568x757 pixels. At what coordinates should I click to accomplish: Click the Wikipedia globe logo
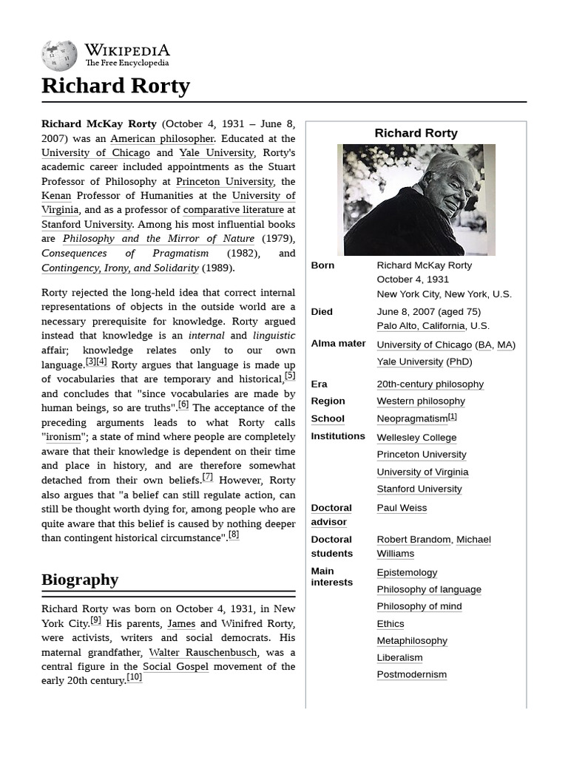pyautogui.click(x=59, y=55)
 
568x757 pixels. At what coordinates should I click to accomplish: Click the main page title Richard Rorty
pyautogui.click(x=115, y=86)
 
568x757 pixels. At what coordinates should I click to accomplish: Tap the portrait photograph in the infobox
pyautogui.click(x=416, y=200)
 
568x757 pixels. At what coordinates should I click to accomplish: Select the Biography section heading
pyautogui.click(x=80, y=580)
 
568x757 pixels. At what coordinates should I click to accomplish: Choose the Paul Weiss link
pyautogui.click(x=402, y=508)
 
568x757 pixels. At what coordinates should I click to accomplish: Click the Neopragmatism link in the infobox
pyautogui.click(x=412, y=418)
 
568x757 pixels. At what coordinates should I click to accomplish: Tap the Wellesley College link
pyautogui.click(x=416, y=438)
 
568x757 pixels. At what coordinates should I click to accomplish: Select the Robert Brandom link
pyautogui.click(x=413, y=540)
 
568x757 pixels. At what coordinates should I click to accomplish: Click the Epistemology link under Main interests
pyautogui.click(x=407, y=573)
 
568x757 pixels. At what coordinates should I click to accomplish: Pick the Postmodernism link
pyautogui.click(x=412, y=675)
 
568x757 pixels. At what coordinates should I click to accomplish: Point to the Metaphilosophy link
pyautogui.click(x=412, y=641)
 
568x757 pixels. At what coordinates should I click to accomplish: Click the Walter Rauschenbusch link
pyautogui.click(x=203, y=653)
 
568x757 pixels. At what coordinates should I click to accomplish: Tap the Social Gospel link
pyautogui.click(x=175, y=667)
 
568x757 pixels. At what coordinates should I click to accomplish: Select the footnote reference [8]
pyautogui.click(x=234, y=535)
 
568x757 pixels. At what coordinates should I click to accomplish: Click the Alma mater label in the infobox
pyautogui.click(x=338, y=344)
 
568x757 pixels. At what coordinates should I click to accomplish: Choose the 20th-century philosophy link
pyautogui.click(x=430, y=384)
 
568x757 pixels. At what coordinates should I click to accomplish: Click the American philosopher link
pyautogui.click(x=162, y=138)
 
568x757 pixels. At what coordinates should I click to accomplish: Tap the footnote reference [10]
pyautogui.click(x=134, y=678)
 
